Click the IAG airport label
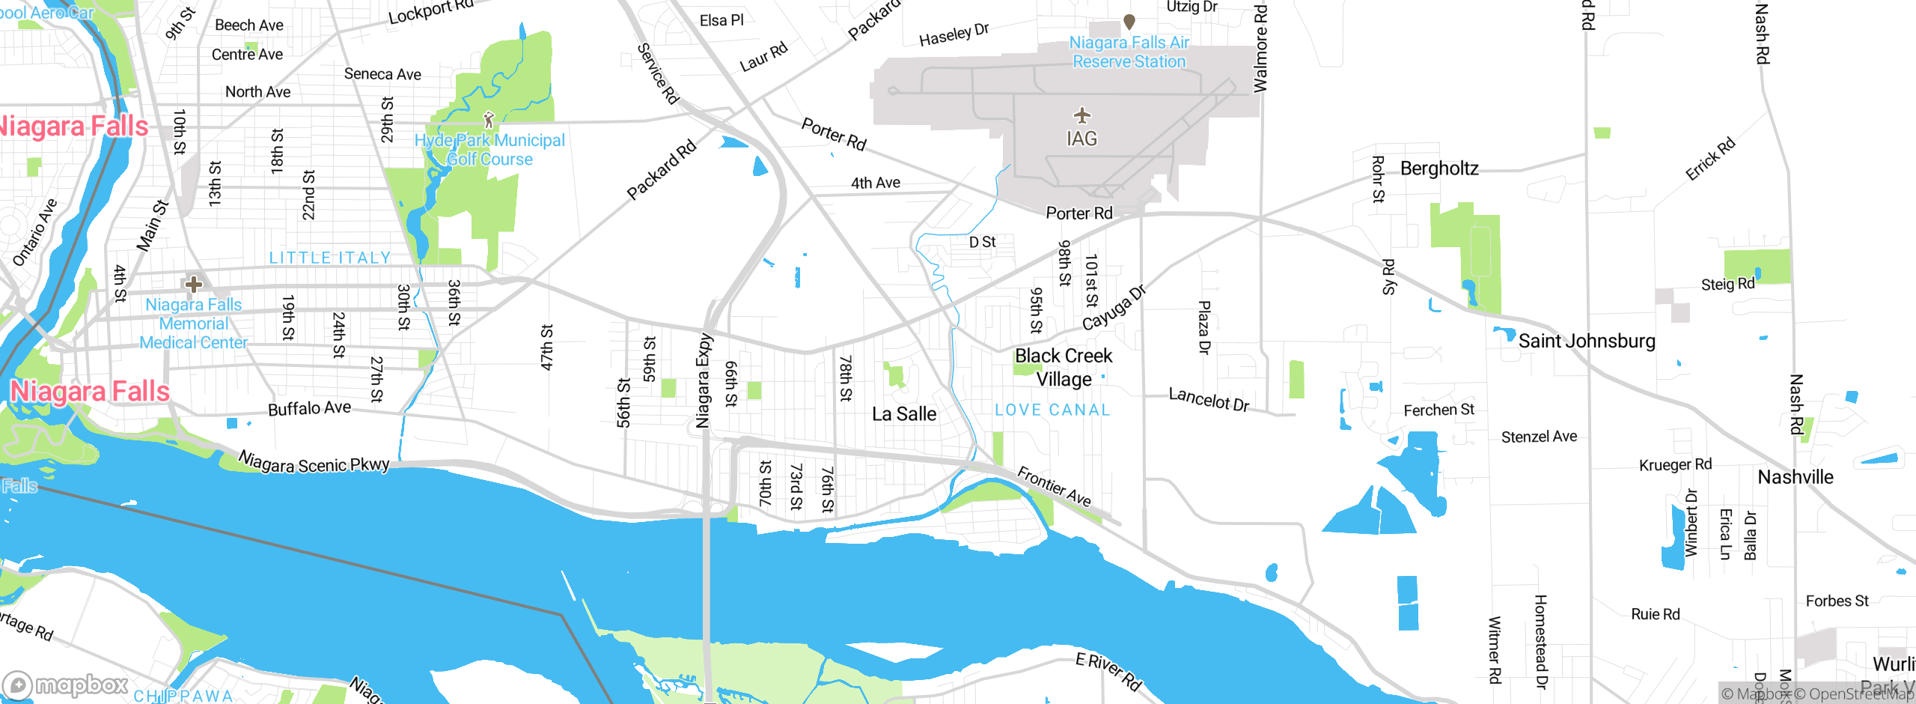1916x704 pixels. pyautogui.click(x=1081, y=139)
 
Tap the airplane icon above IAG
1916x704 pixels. pyautogui.click(x=1081, y=115)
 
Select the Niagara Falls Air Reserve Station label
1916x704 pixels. pyautogui.click(x=1129, y=52)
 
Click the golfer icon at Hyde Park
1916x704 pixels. pyautogui.click(x=489, y=120)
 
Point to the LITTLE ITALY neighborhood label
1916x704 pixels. pyautogui.click(x=330, y=258)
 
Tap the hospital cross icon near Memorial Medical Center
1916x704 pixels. pyautogui.click(x=194, y=284)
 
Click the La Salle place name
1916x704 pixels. pyautogui.click(x=903, y=414)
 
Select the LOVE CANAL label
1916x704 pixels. pyautogui.click(x=1052, y=410)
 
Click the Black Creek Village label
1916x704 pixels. pyautogui.click(x=1064, y=367)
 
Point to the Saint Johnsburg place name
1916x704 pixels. pyautogui.click(x=1586, y=341)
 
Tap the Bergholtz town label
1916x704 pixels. pyautogui.click(x=1438, y=169)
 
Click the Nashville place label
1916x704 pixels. pyautogui.click(x=1795, y=477)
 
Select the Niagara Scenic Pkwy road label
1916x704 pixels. pyautogui.click(x=314, y=462)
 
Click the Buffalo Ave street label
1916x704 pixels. pyautogui.click(x=309, y=408)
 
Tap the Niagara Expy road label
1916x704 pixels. pyautogui.click(x=703, y=380)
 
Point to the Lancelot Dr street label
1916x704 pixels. pyautogui.click(x=1209, y=399)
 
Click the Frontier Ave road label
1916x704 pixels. pyautogui.click(x=1054, y=486)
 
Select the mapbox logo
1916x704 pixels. pyautogui.click(x=66, y=685)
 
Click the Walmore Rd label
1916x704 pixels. pyautogui.click(x=1260, y=48)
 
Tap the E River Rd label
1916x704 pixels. pyautogui.click(x=1108, y=671)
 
